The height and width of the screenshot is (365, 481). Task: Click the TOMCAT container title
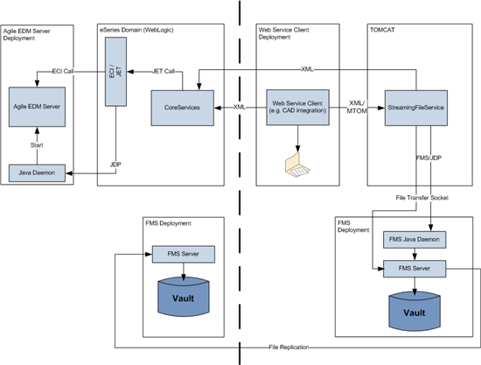tap(385, 28)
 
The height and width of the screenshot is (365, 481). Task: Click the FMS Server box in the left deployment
tap(180, 254)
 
